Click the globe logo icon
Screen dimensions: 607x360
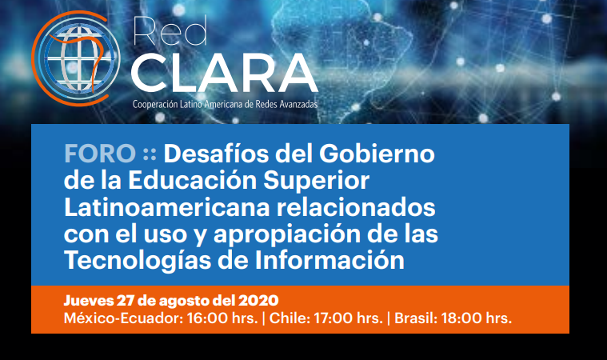pyautogui.click(x=76, y=58)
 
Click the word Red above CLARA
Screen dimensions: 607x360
pyautogui.click(x=170, y=31)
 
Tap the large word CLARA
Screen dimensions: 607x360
pyautogui.click(x=225, y=73)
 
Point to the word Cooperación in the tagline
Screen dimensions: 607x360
pyautogui.click(x=155, y=105)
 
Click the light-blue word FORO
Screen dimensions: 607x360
pyautogui.click(x=100, y=154)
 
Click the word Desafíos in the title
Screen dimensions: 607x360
pyautogui.click(x=216, y=154)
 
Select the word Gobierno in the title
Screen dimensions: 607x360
pyautogui.click(x=377, y=154)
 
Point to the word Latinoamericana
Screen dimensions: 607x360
pyautogui.click(x=167, y=207)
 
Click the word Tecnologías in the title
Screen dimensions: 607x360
pyautogui.click(x=138, y=261)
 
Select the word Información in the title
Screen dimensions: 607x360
pyautogui.click(x=329, y=260)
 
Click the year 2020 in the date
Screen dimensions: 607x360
pyautogui.click(x=258, y=300)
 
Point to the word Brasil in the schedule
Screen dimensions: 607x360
pyautogui.click(x=416, y=318)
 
